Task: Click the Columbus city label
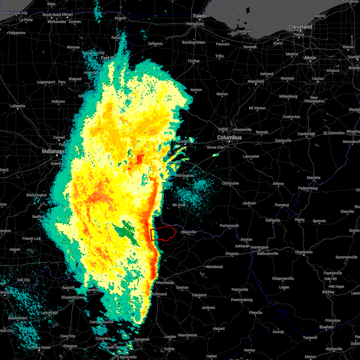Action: pos(229,137)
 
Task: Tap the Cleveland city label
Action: pos(300,27)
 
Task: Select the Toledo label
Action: pos(200,16)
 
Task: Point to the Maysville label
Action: pos(188,232)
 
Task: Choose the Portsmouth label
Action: pos(229,226)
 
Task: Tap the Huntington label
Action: pos(259,247)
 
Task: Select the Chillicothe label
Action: pos(230,183)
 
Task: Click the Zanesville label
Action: pos(283,140)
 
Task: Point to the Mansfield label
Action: pos(256,81)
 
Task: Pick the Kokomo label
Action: pos(58,101)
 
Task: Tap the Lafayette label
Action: pos(18,106)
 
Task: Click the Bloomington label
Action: pos(37,195)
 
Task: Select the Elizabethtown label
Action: pos(72,297)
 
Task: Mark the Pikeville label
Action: pos(256,313)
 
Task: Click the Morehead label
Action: pos(214,267)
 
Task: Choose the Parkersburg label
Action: pos(307,188)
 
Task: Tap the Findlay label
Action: pos(194,61)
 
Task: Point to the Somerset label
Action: pos(142,339)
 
